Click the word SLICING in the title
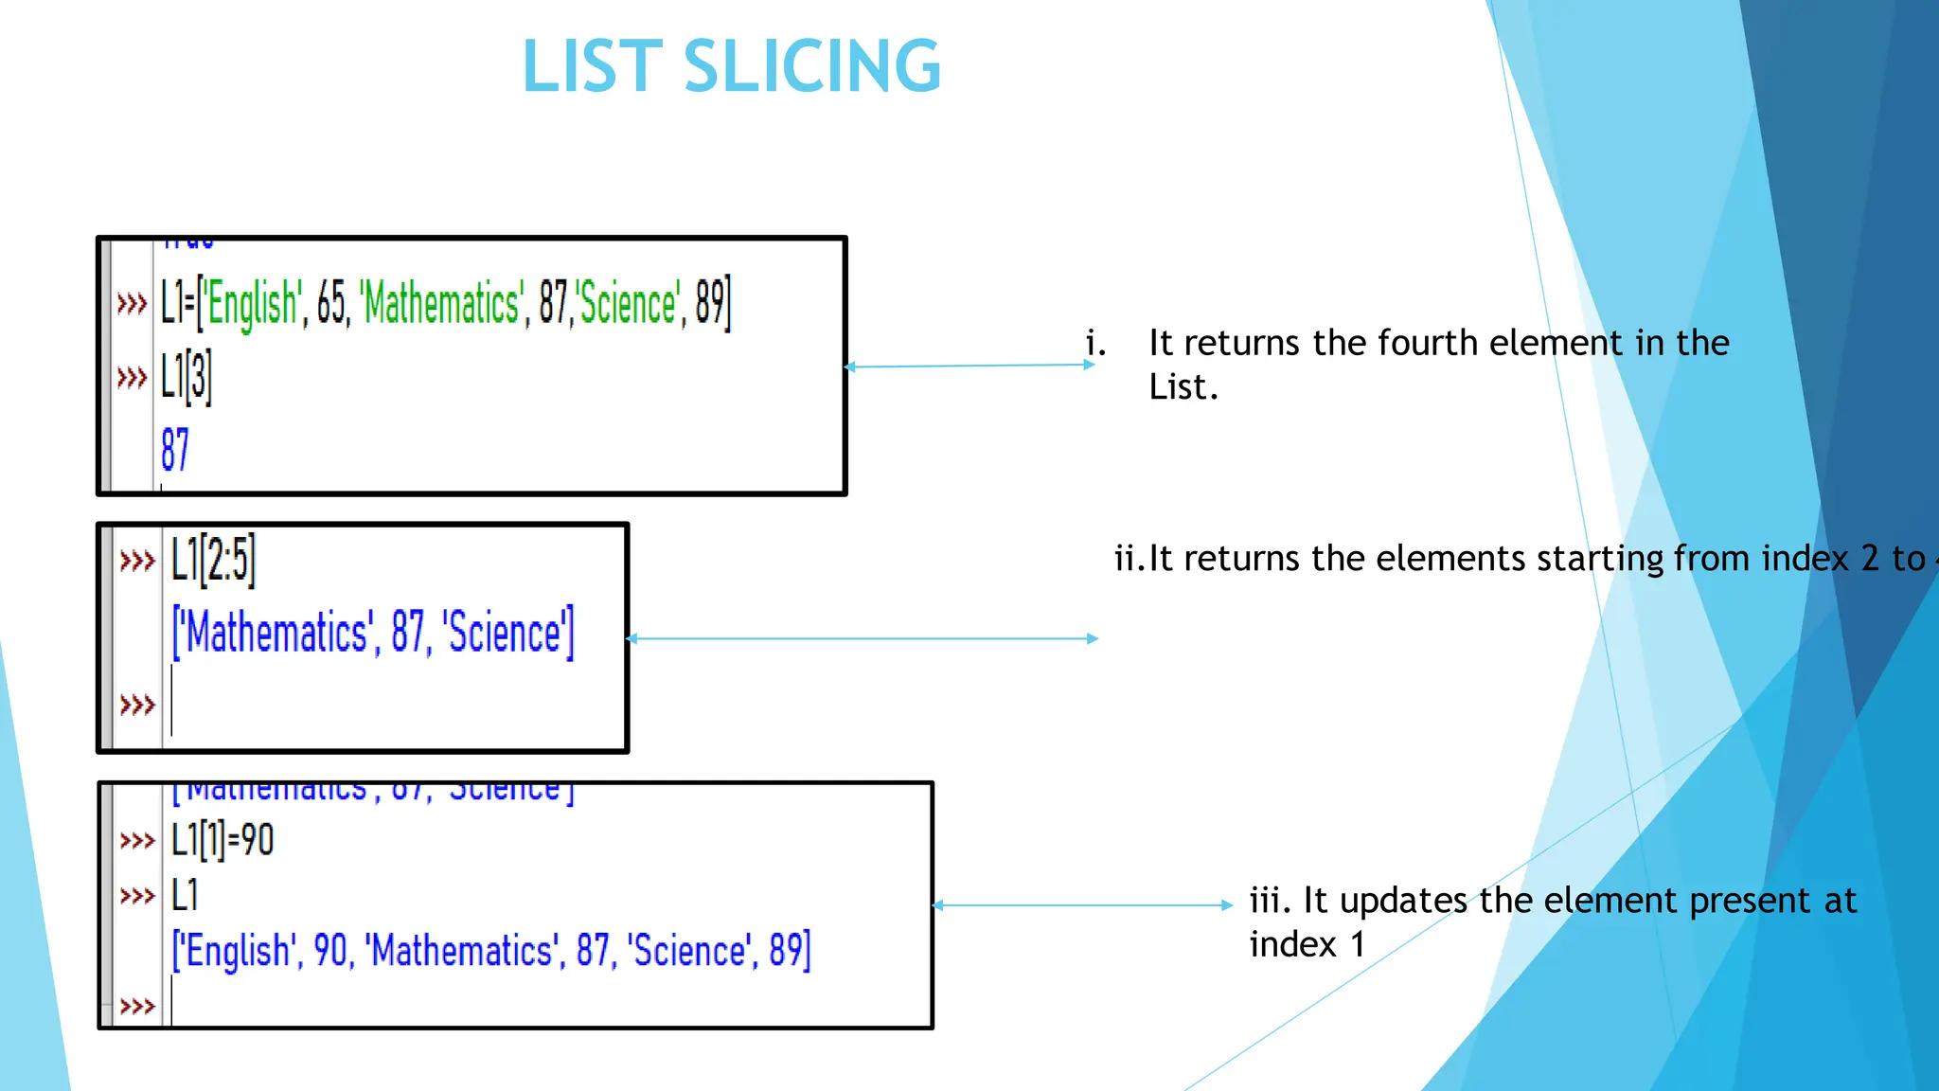[x=811, y=66]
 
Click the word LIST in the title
[x=592, y=66]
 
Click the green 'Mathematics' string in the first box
[x=441, y=304]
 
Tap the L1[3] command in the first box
[x=186, y=377]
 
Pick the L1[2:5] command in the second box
[x=213, y=559]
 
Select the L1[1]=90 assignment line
[x=222, y=840]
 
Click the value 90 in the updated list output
[x=330, y=950]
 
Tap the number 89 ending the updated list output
[x=789, y=950]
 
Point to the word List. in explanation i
[x=1183, y=387]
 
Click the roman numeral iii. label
[x=1271, y=901]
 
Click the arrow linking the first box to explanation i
[x=969, y=366]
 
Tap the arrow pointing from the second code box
[x=862, y=639]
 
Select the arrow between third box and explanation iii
[x=1082, y=905]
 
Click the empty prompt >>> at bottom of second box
[x=137, y=705]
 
